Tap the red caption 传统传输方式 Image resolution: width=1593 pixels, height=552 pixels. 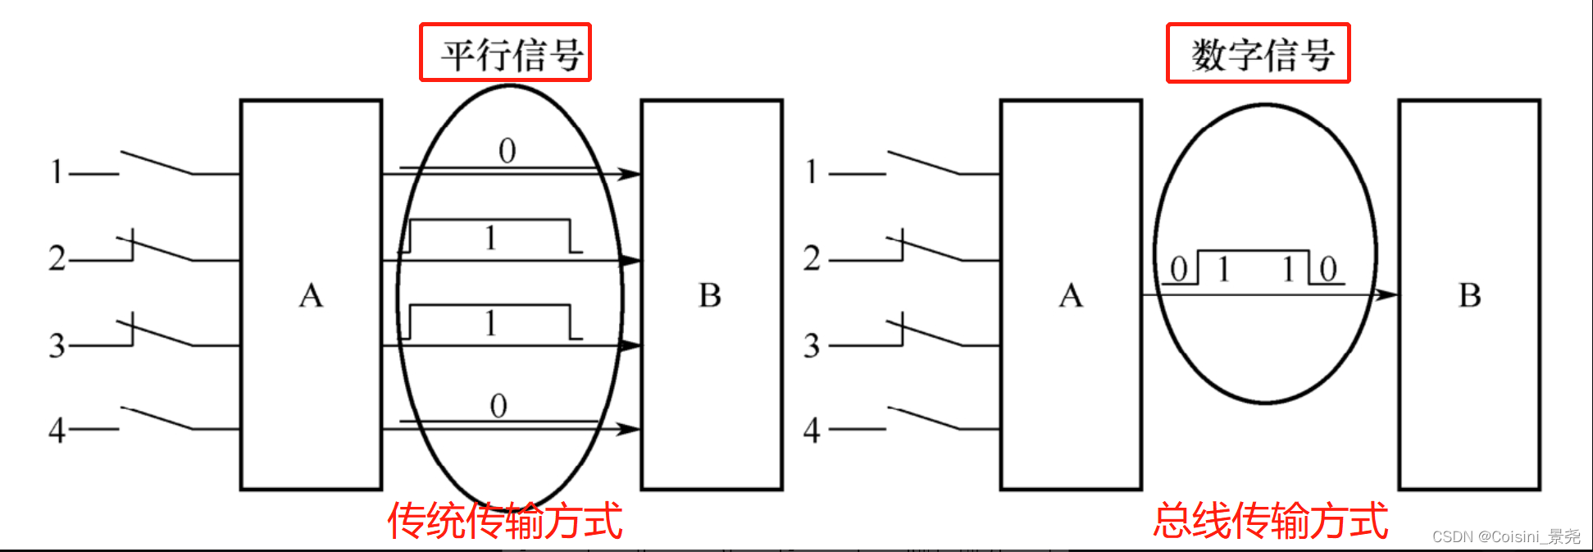pos(505,521)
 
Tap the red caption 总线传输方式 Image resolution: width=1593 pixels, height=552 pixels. pos(1271,521)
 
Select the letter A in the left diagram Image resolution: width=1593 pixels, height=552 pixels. pos(311,295)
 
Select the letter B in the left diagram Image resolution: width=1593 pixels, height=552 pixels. pos(710,295)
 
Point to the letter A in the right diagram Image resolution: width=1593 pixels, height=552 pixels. pos(1071,295)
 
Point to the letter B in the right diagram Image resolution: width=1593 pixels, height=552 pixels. pos(1470,295)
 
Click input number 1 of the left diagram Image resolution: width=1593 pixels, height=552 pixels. pos(57,171)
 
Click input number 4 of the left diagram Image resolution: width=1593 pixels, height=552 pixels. pos(57,429)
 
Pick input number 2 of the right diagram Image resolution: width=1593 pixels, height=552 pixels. pos(812,258)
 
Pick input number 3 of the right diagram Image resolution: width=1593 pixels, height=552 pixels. pos(812,345)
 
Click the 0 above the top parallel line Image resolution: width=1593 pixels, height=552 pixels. pos(507,151)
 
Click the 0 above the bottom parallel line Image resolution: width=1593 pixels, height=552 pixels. pos(498,406)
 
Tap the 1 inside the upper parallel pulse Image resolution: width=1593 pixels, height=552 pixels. pos(490,239)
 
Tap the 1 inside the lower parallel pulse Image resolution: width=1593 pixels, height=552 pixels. pos(490,324)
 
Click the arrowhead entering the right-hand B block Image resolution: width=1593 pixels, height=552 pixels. pos(1386,294)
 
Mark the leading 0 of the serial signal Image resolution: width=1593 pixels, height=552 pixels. pos(1179,269)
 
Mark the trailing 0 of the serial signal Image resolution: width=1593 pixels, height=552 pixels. pos(1328,269)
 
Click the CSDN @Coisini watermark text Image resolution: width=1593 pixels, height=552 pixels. pos(1505,536)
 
